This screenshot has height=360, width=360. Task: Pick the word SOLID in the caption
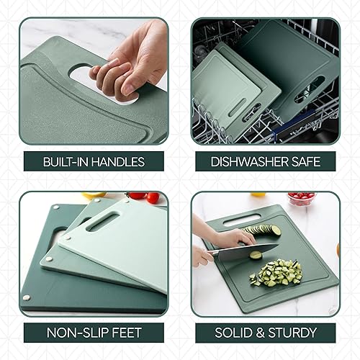pyautogui.click(x=235, y=333)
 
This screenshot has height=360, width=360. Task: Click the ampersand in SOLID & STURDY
pyautogui.click(x=261, y=333)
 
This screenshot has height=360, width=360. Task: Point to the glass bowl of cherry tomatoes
pyautogui.click(x=300, y=199)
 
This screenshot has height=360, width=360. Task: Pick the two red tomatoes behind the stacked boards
pyautogui.click(x=144, y=196)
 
